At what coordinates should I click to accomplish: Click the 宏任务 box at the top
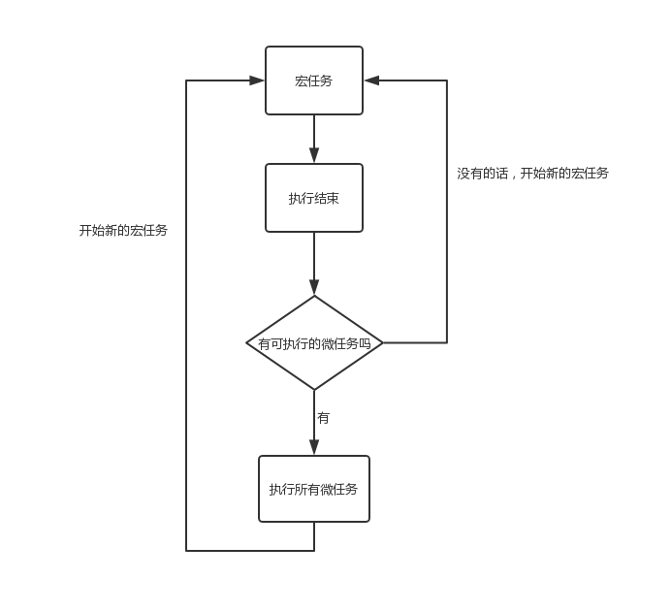[x=314, y=80]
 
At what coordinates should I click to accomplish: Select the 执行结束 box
[x=314, y=198]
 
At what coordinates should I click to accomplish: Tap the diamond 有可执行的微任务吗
[x=314, y=342]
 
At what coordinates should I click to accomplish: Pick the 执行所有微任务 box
[x=314, y=489]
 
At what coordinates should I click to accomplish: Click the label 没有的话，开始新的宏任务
[x=533, y=174]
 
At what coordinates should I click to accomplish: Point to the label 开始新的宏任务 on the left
[x=123, y=231]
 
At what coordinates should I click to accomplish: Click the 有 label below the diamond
[x=324, y=418]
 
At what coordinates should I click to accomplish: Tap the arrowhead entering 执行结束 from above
[x=314, y=156]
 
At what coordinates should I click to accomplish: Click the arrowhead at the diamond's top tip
[x=314, y=288]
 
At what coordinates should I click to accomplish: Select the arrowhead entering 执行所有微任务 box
[x=314, y=448]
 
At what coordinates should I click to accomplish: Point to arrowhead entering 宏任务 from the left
[x=257, y=80]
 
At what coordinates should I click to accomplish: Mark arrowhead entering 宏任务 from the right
[x=371, y=80]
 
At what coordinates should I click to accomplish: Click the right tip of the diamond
[x=383, y=342]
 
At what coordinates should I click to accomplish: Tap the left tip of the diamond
[x=247, y=342]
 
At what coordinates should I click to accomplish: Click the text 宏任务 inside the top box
[x=314, y=80]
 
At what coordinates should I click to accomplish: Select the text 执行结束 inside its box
[x=314, y=198]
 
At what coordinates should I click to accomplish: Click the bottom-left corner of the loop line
[x=186, y=551]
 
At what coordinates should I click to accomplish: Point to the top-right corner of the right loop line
[x=447, y=80]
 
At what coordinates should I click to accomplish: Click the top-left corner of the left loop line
[x=186, y=80]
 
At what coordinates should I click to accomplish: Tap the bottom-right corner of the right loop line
[x=447, y=342]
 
